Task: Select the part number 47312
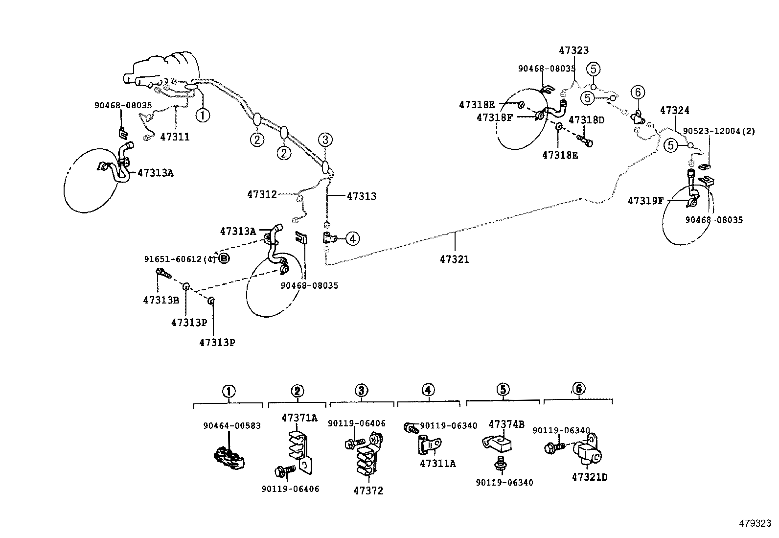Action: (262, 194)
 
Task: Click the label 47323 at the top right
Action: (573, 50)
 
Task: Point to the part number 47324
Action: (674, 110)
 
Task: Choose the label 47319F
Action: (645, 201)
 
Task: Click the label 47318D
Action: (586, 120)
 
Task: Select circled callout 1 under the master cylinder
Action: (202, 115)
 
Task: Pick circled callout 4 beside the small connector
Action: (352, 239)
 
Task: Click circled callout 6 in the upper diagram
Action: (638, 92)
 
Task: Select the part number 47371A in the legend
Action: (299, 418)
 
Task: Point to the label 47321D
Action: (589, 477)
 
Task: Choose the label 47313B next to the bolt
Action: (161, 300)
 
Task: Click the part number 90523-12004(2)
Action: (719, 131)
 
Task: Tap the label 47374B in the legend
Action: (506, 424)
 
